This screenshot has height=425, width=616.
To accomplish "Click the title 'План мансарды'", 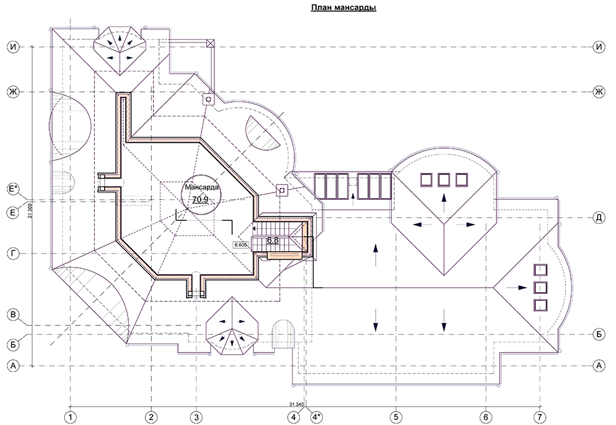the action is click(344, 8).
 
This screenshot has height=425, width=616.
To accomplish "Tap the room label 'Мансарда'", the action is click(202, 187).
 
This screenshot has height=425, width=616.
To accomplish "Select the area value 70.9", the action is click(200, 199).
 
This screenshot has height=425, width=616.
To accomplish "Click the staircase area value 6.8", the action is click(273, 240).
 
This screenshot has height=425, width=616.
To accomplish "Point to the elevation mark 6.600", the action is click(240, 245).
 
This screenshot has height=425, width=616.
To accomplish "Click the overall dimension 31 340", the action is click(297, 404).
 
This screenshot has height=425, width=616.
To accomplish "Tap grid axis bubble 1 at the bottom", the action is click(71, 416).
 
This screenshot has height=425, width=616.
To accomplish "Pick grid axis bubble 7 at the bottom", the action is click(540, 416).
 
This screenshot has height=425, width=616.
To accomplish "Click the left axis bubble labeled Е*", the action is click(14, 189).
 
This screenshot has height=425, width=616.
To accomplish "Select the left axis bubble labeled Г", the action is click(14, 254).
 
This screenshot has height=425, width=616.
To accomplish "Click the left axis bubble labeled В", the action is click(14, 315).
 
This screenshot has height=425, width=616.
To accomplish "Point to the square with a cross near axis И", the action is click(211, 43).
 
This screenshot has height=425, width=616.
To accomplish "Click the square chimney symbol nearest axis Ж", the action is click(209, 100).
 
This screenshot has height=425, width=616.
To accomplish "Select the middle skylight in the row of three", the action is click(444, 180).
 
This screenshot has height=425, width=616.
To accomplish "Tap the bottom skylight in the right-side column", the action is click(540, 305).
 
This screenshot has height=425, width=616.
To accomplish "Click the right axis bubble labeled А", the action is click(599, 366).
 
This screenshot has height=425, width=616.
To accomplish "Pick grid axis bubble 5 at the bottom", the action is click(396, 416).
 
